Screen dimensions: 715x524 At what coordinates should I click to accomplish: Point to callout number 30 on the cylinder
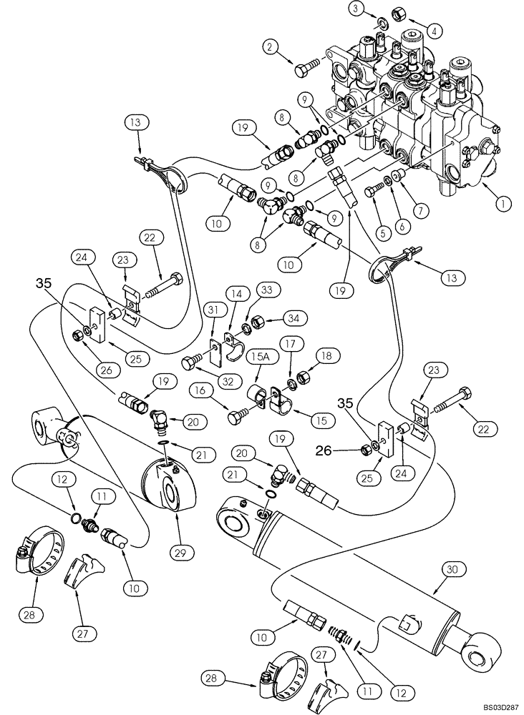pyautogui.click(x=451, y=570)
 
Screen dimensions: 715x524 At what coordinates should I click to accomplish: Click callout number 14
pyautogui.click(x=236, y=293)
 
